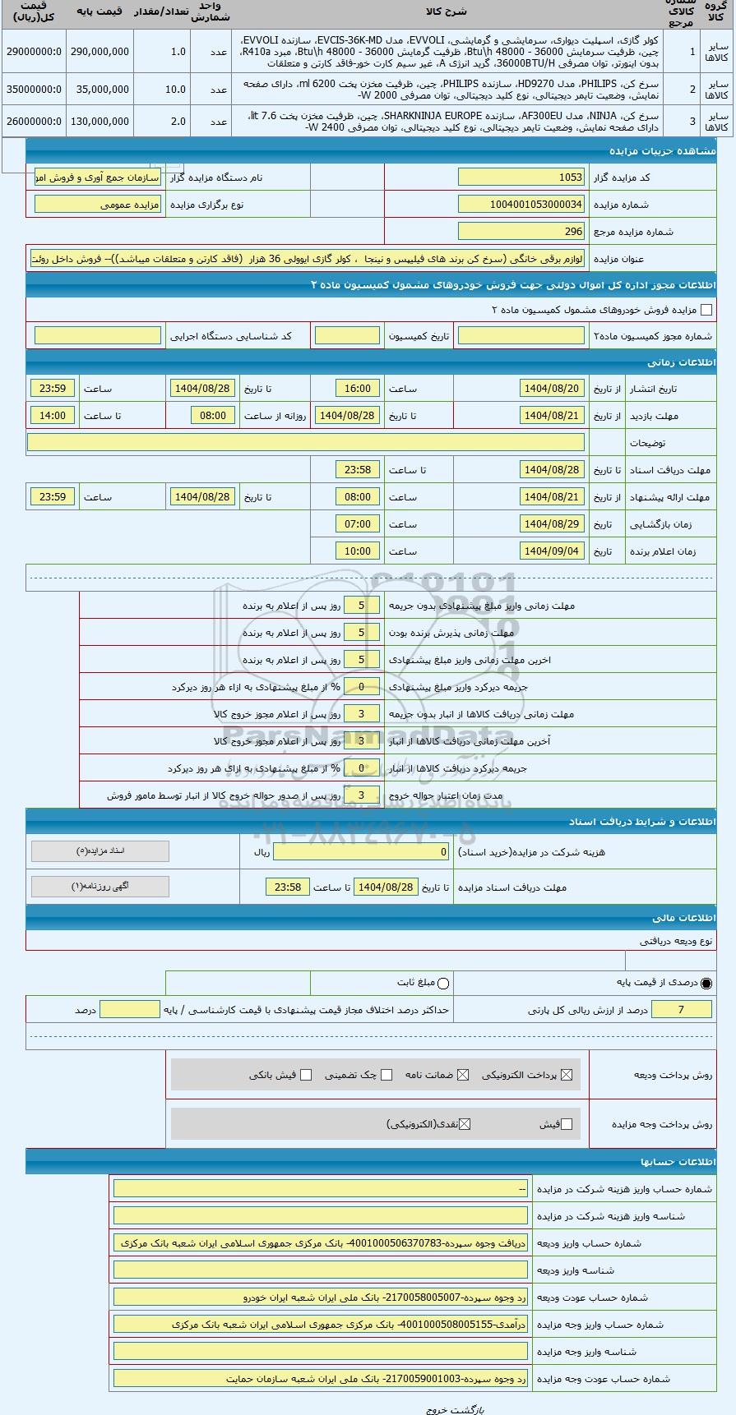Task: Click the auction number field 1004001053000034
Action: point(521,205)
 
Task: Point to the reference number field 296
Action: point(521,232)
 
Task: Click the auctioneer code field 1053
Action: point(521,177)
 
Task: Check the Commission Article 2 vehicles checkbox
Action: point(706,310)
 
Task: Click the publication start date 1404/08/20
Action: point(552,389)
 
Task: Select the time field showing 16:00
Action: point(358,389)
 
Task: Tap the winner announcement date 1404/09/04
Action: point(552,551)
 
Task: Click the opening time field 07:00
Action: point(358,524)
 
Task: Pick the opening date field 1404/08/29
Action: point(552,524)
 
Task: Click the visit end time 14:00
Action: point(53,416)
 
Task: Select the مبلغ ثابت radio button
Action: point(444,983)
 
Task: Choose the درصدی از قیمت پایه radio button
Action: point(706,983)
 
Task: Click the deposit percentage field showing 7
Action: point(681,1010)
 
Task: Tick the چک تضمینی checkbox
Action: point(387,1075)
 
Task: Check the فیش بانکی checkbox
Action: point(306,1075)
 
